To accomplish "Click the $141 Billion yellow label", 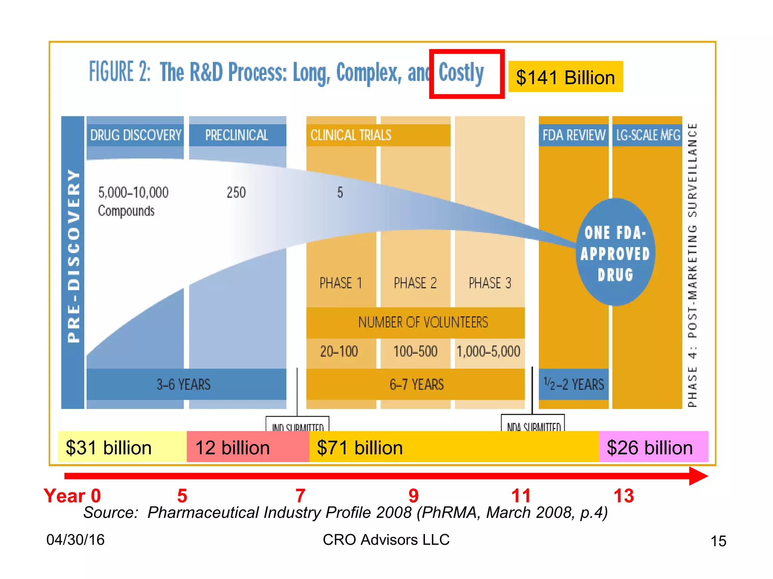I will (x=565, y=77).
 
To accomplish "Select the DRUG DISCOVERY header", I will (x=136, y=135).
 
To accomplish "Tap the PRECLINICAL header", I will (x=237, y=135).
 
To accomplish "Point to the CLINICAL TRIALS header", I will (x=351, y=135).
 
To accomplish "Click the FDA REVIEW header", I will (x=573, y=135).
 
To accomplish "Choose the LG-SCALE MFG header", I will (x=648, y=135).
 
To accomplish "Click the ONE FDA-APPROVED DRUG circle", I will (x=615, y=253).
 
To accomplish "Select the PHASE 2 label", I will (x=415, y=283).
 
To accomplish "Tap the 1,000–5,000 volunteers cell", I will (x=489, y=352).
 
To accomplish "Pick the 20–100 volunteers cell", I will (x=339, y=352).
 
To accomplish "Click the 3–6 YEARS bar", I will (x=184, y=384).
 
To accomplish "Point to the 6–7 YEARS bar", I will (x=416, y=384).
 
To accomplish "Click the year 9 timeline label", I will (x=414, y=496).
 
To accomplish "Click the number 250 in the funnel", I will (x=236, y=193).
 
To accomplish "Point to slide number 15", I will (x=718, y=541).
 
